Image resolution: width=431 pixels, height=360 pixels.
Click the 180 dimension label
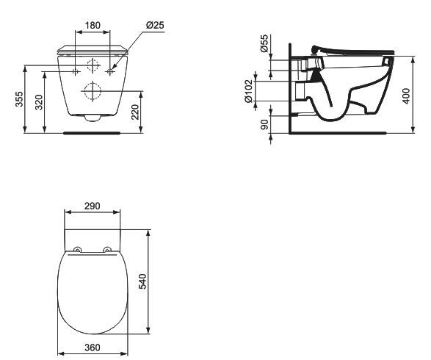[93, 25]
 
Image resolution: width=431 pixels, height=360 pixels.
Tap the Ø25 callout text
[156, 25]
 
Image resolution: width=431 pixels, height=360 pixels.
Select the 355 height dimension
[19, 99]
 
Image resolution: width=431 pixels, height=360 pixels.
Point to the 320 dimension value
[39, 102]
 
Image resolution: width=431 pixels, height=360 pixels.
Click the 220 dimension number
[135, 112]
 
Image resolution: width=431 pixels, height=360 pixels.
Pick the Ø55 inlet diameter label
[264, 43]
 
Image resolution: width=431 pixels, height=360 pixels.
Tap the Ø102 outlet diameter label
[248, 91]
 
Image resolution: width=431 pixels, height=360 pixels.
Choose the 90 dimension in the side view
[264, 125]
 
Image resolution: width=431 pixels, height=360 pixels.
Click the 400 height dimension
[407, 96]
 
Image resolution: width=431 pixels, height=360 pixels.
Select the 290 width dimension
[92, 206]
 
